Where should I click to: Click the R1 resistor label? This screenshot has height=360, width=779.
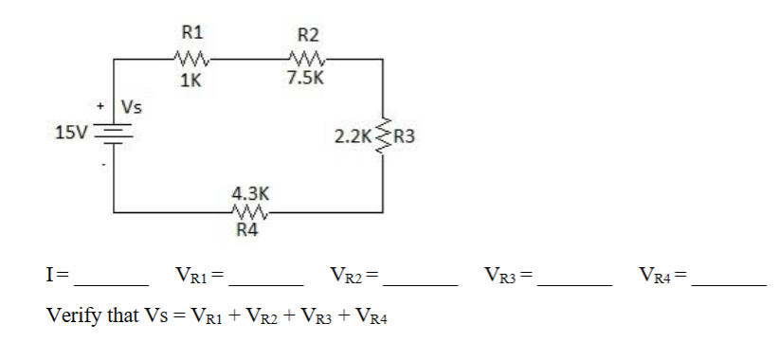(x=192, y=30)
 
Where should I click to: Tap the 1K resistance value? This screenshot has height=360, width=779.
(x=190, y=81)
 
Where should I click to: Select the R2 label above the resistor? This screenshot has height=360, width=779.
(x=308, y=35)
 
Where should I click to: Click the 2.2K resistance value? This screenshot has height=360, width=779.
(x=353, y=136)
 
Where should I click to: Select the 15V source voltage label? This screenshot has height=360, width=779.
(x=70, y=133)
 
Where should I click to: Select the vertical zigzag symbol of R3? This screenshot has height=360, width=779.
(x=383, y=136)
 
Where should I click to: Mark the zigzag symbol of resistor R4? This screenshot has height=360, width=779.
(x=248, y=212)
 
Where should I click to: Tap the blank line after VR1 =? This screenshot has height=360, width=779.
(x=266, y=282)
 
